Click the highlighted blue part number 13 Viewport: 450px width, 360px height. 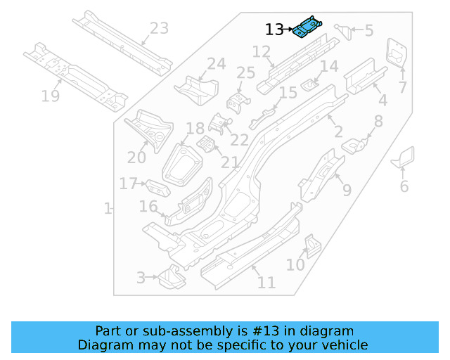(308, 27)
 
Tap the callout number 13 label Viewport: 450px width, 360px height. (274, 30)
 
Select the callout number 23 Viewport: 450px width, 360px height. (159, 29)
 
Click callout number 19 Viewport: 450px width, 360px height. (50, 96)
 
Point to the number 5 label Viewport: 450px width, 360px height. (368, 30)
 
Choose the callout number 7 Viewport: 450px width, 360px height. (403, 88)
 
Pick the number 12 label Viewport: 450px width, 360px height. (261, 51)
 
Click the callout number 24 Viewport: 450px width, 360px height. (216, 64)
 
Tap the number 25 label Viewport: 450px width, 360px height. (245, 73)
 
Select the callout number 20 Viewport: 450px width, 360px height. (136, 157)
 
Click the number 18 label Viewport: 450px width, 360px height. (195, 129)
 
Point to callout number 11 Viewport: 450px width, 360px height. (266, 283)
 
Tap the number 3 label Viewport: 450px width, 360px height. (141, 278)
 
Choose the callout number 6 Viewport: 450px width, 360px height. (404, 186)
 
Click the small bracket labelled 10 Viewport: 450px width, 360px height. (311, 245)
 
